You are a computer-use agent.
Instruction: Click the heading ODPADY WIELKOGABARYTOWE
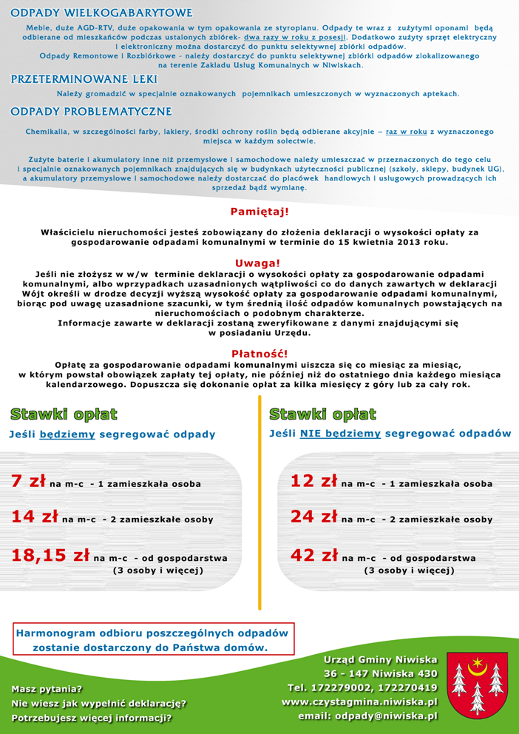pos(101,13)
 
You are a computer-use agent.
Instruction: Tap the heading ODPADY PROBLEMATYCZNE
pos(91,112)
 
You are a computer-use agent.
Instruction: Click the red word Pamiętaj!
pos(259,212)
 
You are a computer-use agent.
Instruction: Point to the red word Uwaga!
pos(258,263)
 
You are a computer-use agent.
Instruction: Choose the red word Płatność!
pos(259,354)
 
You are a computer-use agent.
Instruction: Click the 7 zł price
pos(29,481)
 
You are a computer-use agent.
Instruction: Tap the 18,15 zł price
pos(50,555)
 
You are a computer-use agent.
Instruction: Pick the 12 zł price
pos(313,481)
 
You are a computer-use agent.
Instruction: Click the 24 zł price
pos(313,516)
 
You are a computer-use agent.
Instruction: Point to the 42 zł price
pos(313,555)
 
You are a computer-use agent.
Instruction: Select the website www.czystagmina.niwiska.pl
pos(359,701)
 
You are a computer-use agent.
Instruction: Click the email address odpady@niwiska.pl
pos(367,716)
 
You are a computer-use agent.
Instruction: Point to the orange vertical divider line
pos(259,503)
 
